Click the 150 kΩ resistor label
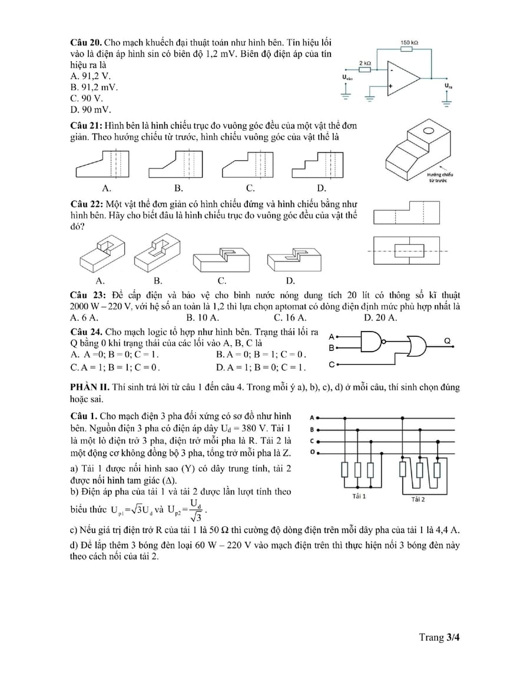pyautogui.click(x=409, y=43)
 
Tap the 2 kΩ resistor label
pyautogui.click(x=365, y=62)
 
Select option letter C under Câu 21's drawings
pyautogui.click(x=250, y=188)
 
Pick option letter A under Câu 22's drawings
pyautogui.click(x=100, y=280)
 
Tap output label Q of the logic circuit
pyautogui.click(x=447, y=341)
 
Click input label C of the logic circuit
pyautogui.click(x=332, y=364)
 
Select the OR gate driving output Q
pyautogui.click(x=418, y=346)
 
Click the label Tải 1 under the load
pyautogui.click(x=359, y=496)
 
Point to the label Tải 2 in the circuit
pyautogui.click(x=418, y=499)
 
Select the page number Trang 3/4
pyautogui.click(x=439, y=637)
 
